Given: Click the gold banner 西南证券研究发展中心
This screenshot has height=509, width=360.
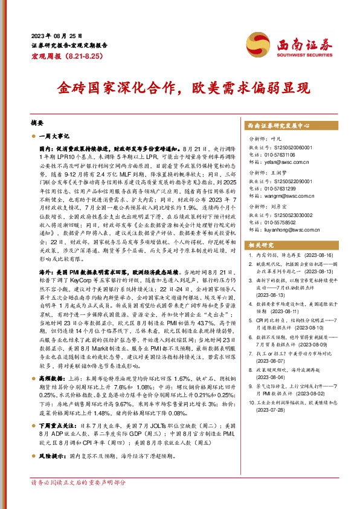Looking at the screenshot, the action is [x=278, y=126].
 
